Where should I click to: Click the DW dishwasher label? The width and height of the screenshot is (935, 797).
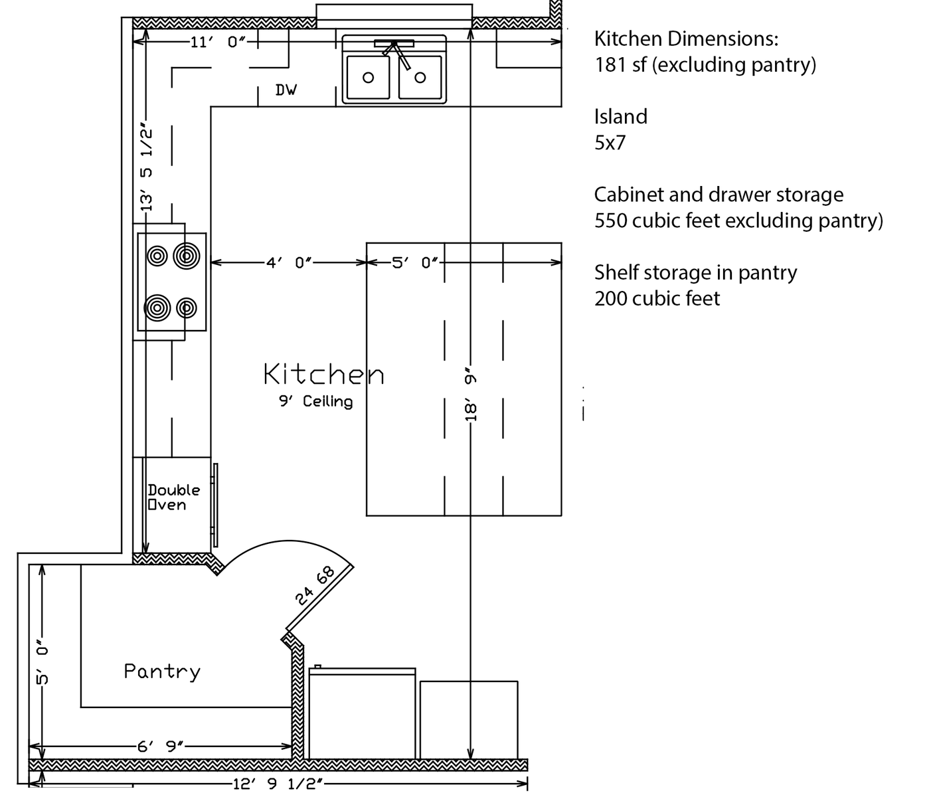click(286, 90)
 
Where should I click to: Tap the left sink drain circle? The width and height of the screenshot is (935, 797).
click(368, 77)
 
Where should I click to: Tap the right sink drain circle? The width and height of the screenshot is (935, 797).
click(420, 77)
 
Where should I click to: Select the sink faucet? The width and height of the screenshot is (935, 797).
click(395, 52)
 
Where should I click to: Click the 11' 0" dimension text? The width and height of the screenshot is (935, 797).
click(218, 42)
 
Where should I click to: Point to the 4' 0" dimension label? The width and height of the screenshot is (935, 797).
click(289, 262)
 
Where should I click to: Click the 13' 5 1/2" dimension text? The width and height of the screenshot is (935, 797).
click(146, 166)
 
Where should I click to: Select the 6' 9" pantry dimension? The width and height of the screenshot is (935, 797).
click(160, 746)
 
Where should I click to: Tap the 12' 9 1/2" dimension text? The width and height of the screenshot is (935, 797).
click(278, 783)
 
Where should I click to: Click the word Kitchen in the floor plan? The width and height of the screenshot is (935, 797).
click(324, 374)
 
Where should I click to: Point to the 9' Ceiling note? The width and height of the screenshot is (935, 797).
click(315, 401)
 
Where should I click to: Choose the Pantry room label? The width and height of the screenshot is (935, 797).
click(162, 671)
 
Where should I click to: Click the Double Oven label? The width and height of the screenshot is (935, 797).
click(174, 497)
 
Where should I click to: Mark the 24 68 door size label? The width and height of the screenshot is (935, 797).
click(315, 585)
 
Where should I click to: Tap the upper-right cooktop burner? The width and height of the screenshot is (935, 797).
click(187, 256)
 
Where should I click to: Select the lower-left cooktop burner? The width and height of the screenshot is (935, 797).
click(157, 308)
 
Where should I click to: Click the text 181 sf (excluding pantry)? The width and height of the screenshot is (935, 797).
click(705, 64)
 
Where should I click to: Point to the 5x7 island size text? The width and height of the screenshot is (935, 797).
click(610, 143)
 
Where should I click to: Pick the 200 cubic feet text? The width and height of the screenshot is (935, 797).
click(657, 298)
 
